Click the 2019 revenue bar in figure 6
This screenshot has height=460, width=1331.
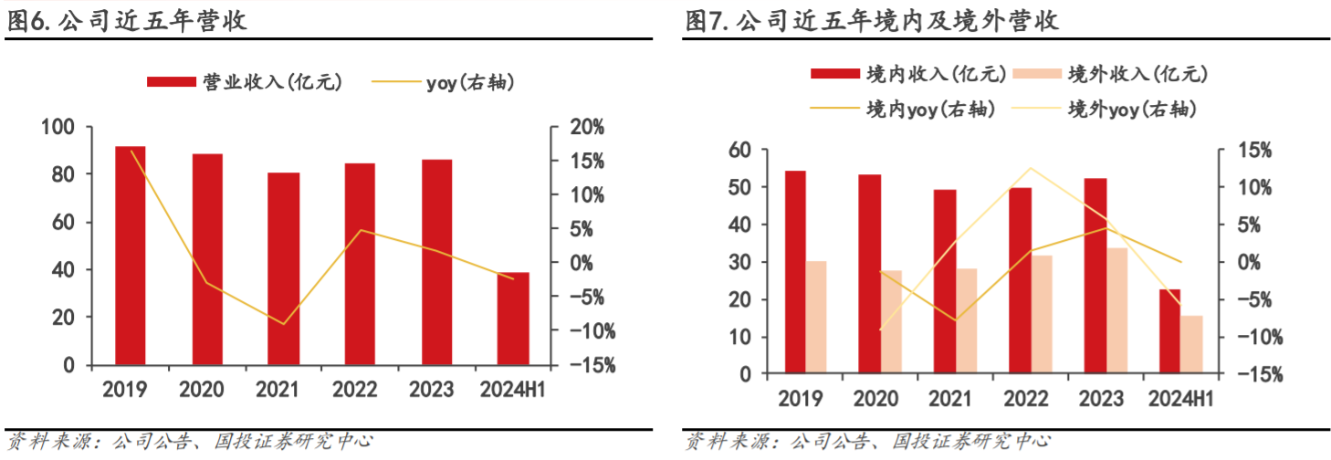[131, 256]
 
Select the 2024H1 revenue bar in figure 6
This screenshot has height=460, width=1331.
[513, 319]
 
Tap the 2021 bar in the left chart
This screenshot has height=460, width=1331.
[284, 268]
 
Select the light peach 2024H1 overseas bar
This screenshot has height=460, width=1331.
[1192, 345]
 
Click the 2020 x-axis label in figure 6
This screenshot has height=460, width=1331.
[201, 390]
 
